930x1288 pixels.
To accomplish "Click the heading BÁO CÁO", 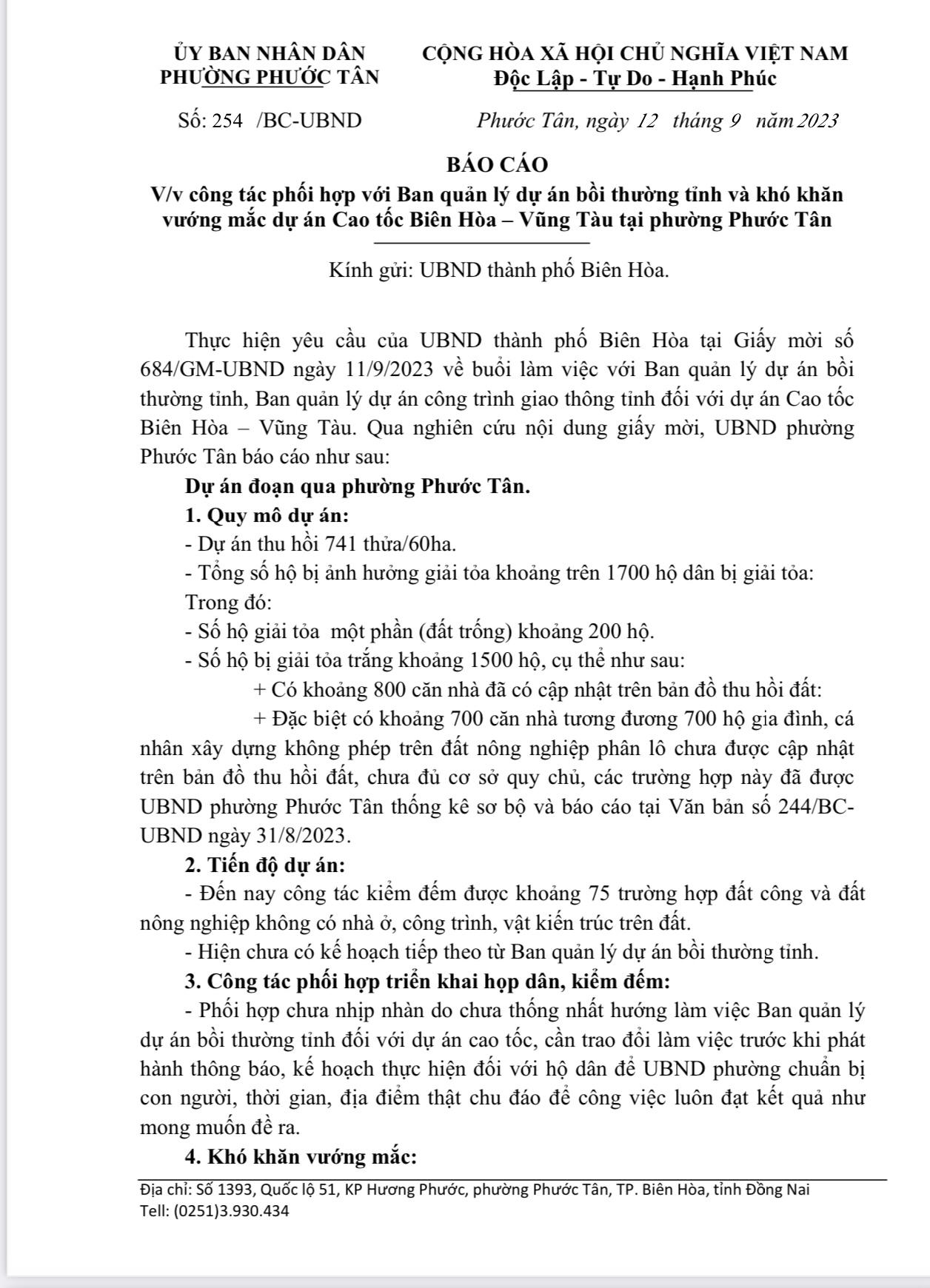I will coord(497,164).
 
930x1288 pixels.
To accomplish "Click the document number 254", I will coord(227,121).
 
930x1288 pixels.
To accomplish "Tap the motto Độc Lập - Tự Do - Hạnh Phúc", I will coord(635,78).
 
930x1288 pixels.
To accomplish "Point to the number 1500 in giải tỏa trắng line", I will coord(493,660).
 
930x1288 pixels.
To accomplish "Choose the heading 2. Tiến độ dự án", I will coord(264,864).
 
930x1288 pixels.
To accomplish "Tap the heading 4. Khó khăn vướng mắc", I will coord(301,1155).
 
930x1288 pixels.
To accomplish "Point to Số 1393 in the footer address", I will coord(224,1190).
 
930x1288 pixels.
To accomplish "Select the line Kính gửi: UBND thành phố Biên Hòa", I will coord(499,269).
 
